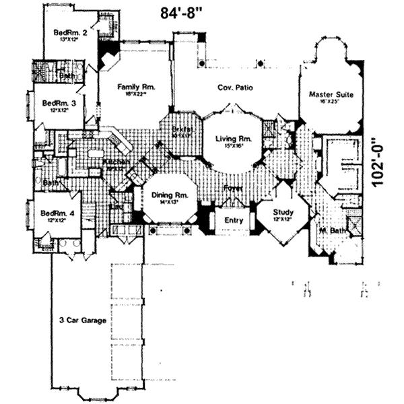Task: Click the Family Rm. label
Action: pos(136,87)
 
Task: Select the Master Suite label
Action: pos(331,95)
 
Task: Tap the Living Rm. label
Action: pos(233,139)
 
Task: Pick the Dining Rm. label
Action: pos(165,194)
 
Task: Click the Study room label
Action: pos(281,211)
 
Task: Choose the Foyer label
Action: pos(233,188)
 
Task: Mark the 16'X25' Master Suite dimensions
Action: pos(331,102)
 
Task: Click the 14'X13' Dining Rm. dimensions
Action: pos(165,201)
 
